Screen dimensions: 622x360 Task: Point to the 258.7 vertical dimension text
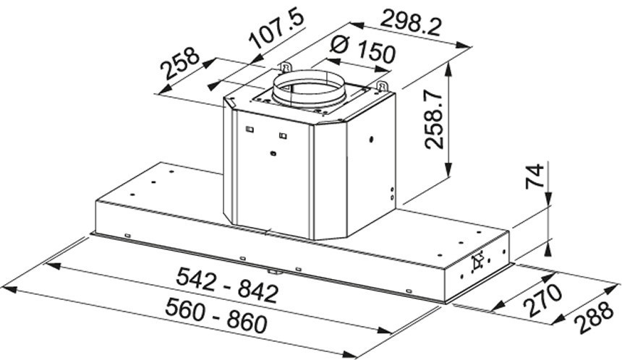click(x=434, y=119)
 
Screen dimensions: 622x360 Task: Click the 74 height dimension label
click(x=534, y=176)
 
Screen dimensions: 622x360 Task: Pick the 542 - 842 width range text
click(x=227, y=285)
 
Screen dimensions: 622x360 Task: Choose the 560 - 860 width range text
click(x=216, y=316)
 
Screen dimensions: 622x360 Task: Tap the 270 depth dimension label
click(x=542, y=300)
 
